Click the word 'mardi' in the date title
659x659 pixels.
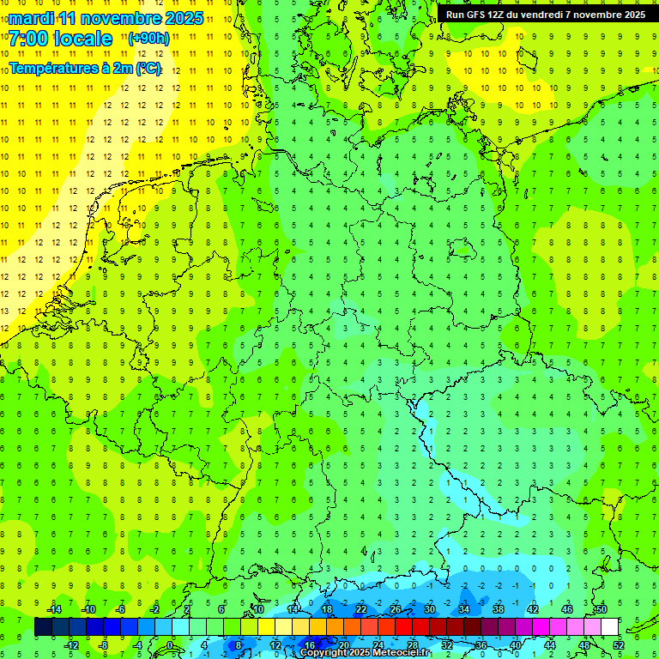(x=29, y=18)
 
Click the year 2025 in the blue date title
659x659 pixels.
(x=183, y=18)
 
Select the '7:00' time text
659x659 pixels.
(x=28, y=39)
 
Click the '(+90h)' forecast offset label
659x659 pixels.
(x=148, y=39)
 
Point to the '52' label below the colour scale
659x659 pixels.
(x=618, y=645)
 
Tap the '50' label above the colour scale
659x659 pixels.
(x=601, y=609)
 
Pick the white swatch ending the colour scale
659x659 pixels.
(x=609, y=627)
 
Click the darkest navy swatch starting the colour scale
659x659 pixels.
(x=43, y=627)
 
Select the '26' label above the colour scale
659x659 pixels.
(x=395, y=609)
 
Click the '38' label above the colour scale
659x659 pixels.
(x=498, y=609)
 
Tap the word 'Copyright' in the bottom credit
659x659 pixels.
(x=323, y=653)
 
